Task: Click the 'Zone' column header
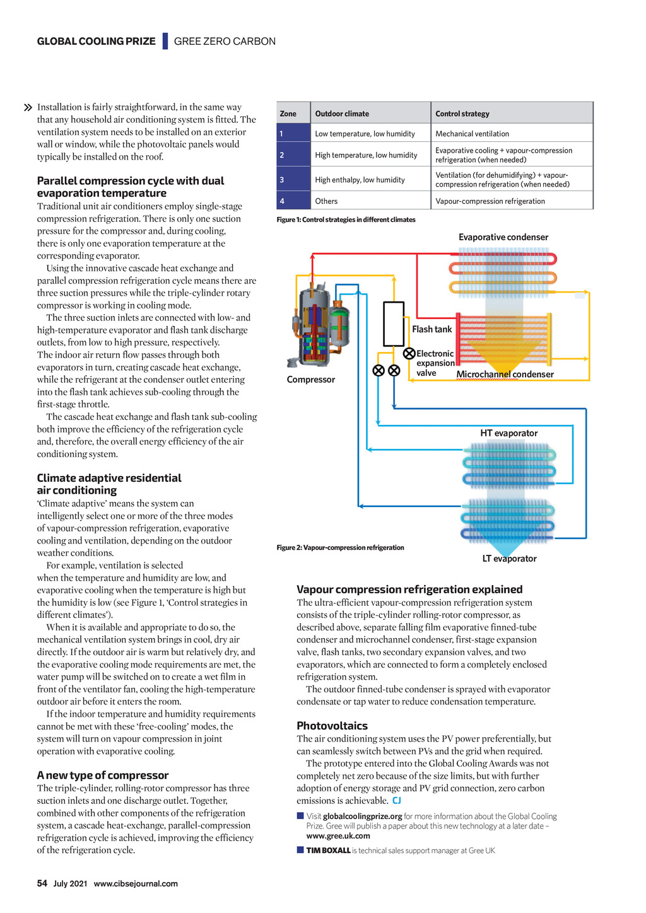(288, 113)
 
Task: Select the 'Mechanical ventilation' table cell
(472, 134)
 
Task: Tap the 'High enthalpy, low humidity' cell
(360, 180)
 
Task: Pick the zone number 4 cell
(282, 201)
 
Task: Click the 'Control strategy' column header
(462, 113)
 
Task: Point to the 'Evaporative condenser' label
(503, 237)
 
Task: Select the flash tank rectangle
(394, 323)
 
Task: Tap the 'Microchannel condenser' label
(505, 374)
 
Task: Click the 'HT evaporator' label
(508, 433)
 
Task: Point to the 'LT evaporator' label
(509, 559)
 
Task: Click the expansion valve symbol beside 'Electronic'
(409, 353)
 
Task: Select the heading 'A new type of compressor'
(103, 776)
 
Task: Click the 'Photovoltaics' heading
(332, 726)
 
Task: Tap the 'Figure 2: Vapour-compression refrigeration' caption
(340, 547)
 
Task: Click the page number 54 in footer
(42, 883)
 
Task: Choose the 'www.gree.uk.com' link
(338, 836)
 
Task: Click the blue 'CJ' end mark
(397, 801)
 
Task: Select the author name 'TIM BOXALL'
(328, 851)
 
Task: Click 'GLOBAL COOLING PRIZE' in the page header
(96, 42)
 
